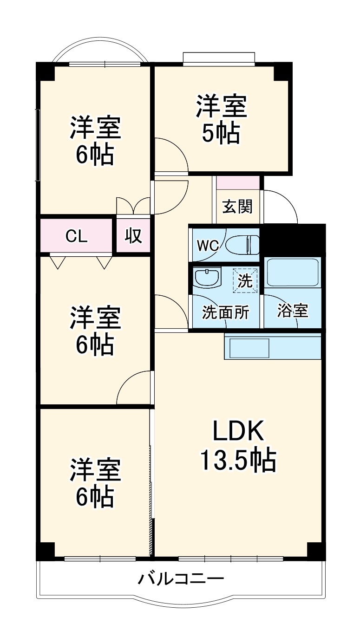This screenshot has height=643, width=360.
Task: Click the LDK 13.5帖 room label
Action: [238, 446]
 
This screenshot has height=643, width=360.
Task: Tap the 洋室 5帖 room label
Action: [221, 119]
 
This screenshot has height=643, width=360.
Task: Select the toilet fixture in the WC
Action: [243, 245]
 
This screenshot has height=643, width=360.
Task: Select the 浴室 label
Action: [293, 311]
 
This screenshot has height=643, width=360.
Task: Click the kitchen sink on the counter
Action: [247, 348]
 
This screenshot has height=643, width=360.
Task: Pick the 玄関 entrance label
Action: [237, 207]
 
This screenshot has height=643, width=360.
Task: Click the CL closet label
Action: [76, 236]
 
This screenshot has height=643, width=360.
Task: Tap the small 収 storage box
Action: [133, 236]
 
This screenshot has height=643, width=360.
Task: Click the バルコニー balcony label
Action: [181, 579]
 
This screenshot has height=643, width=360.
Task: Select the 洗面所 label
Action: [225, 312]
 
